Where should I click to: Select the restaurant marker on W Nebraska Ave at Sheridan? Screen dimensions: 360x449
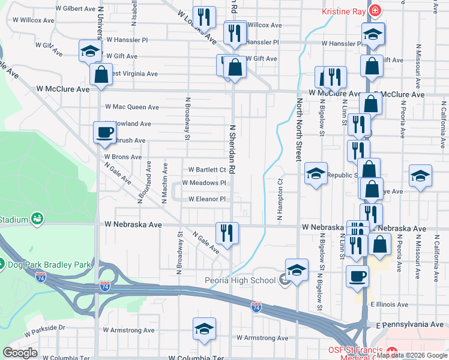[x=227, y=232]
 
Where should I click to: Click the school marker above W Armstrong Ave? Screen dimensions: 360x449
[x=204, y=329]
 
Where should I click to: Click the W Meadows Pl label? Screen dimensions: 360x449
[x=203, y=183]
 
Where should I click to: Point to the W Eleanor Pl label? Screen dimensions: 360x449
[x=206, y=199]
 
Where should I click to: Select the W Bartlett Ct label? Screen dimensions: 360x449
[x=206, y=170]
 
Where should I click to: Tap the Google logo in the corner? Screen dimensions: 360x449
[x=20, y=353]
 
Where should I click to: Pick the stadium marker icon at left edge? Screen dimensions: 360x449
[x=37, y=220]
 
